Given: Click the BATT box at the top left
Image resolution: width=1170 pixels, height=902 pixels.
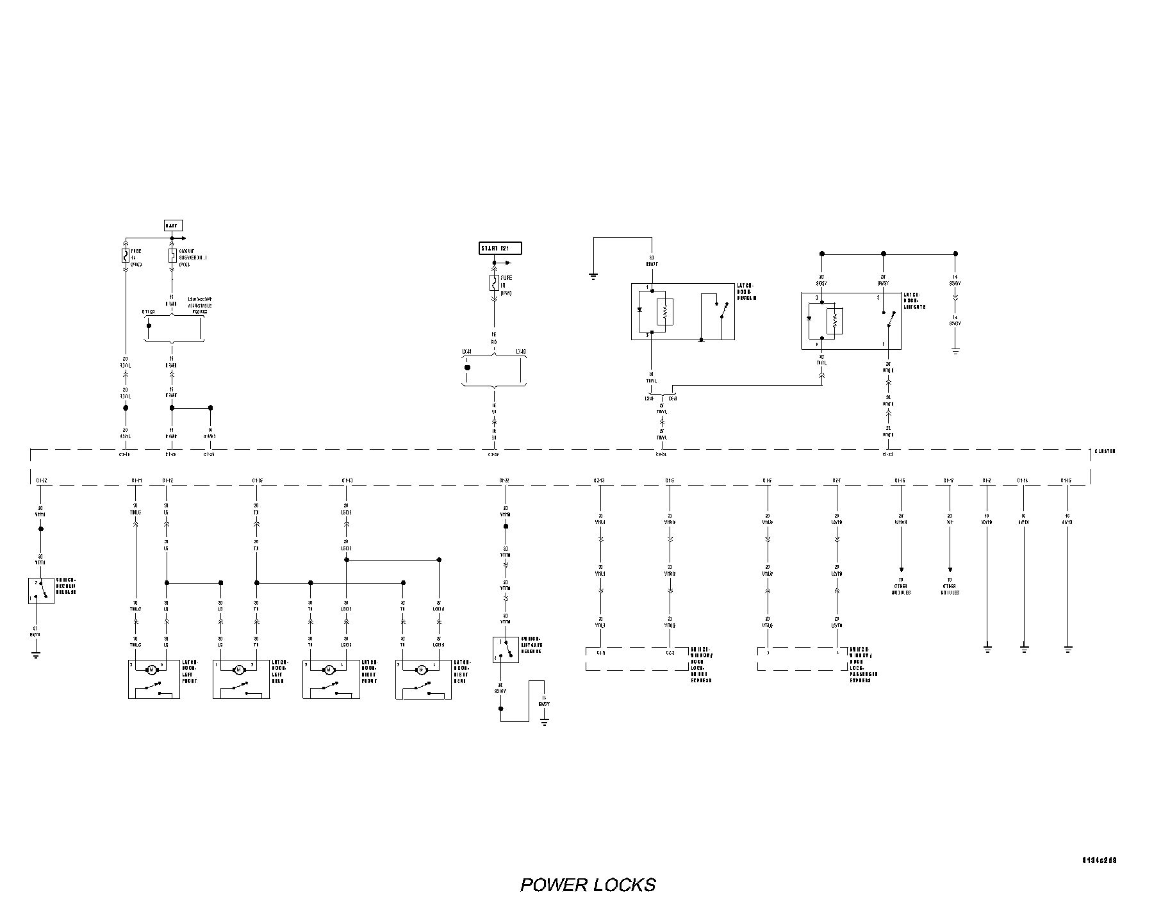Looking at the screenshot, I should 173,225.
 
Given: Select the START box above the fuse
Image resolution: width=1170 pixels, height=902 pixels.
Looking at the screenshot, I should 500,249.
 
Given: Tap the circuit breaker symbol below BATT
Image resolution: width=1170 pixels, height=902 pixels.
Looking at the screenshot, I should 172,256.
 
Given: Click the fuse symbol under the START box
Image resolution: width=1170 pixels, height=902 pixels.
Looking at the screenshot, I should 494,282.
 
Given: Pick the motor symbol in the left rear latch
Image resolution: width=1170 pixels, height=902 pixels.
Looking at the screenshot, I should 238,670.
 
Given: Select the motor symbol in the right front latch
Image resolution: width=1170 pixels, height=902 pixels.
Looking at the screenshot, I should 329,670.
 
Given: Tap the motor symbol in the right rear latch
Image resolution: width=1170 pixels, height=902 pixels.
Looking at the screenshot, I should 421,670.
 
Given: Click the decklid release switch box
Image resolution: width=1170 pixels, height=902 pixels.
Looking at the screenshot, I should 40,591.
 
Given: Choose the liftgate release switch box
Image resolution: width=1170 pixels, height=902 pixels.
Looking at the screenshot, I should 506,650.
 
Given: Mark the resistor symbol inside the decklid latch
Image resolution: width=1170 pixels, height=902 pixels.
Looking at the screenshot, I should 665,312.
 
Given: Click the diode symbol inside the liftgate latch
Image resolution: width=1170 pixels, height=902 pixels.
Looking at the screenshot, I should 810,318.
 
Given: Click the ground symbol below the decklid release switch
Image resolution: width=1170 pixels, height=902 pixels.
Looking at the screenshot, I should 35,655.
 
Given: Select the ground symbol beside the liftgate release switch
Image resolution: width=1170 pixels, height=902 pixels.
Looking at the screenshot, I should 545,721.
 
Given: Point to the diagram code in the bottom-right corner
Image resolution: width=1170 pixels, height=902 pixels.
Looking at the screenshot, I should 1103,860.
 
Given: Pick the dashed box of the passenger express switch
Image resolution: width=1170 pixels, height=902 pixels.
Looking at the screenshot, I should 802,659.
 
